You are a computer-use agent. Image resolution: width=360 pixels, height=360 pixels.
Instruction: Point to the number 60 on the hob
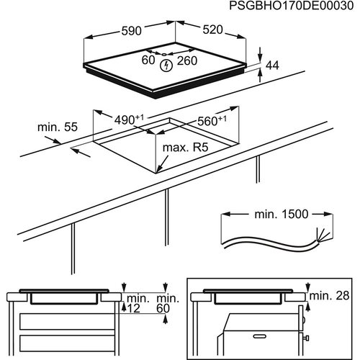(x=148, y=61)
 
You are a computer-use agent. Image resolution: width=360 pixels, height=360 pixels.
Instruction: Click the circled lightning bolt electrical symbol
(x=168, y=66)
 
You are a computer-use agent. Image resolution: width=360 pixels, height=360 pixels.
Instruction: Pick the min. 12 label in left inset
(x=138, y=302)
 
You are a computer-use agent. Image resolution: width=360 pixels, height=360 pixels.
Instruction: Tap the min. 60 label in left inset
(x=167, y=302)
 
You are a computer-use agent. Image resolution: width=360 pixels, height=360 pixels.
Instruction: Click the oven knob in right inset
(x=308, y=336)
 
